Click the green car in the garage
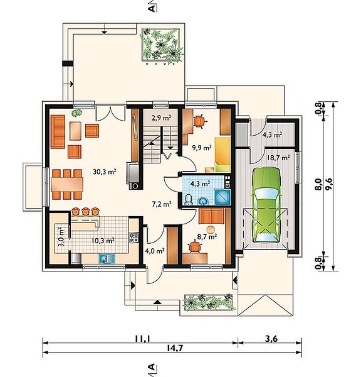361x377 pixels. pos(266,205)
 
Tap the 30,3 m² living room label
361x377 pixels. pos(105,172)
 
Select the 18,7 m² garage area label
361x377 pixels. pos(278,158)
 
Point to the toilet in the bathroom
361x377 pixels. pos(189,200)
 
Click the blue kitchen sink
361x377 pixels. pos(105,258)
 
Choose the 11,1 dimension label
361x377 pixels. pos(142,339)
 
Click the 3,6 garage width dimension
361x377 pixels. pos(271,339)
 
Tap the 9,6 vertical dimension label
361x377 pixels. pos(329,184)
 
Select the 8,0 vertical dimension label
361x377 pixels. pos(318,184)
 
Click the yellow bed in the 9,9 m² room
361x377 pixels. pos(222,155)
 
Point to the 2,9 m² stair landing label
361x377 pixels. pos(161,117)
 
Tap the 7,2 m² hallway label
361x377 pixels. pos(162,204)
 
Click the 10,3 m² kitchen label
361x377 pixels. pos(103,241)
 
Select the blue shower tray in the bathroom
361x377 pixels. pos(222,197)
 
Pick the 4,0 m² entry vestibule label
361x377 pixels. pos(155,251)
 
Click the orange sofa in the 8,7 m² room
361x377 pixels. pos(211,216)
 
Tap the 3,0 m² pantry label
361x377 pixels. pos(61,237)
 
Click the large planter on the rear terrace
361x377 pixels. pos(161,45)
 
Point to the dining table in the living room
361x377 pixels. pos(67,184)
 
